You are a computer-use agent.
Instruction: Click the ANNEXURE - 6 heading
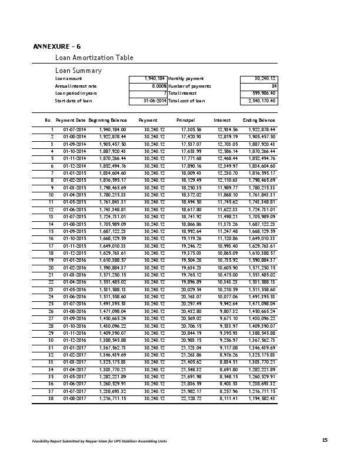(x=57, y=46)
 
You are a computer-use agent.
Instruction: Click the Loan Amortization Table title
(x=94, y=58)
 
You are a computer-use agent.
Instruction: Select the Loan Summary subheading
(x=78, y=71)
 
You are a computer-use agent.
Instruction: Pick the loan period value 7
(x=164, y=93)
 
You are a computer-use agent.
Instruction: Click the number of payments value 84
(x=274, y=86)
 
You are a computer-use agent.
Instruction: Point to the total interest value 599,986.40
(x=265, y=93)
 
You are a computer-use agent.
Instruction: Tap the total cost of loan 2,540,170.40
(x=264, y=101)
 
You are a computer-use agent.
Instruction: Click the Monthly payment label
(x=186, y=78)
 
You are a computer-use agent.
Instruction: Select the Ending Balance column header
(x=259, y=120)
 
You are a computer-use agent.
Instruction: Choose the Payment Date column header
(x=71, y=120)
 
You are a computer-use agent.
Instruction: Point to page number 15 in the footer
(x=325, y=440)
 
